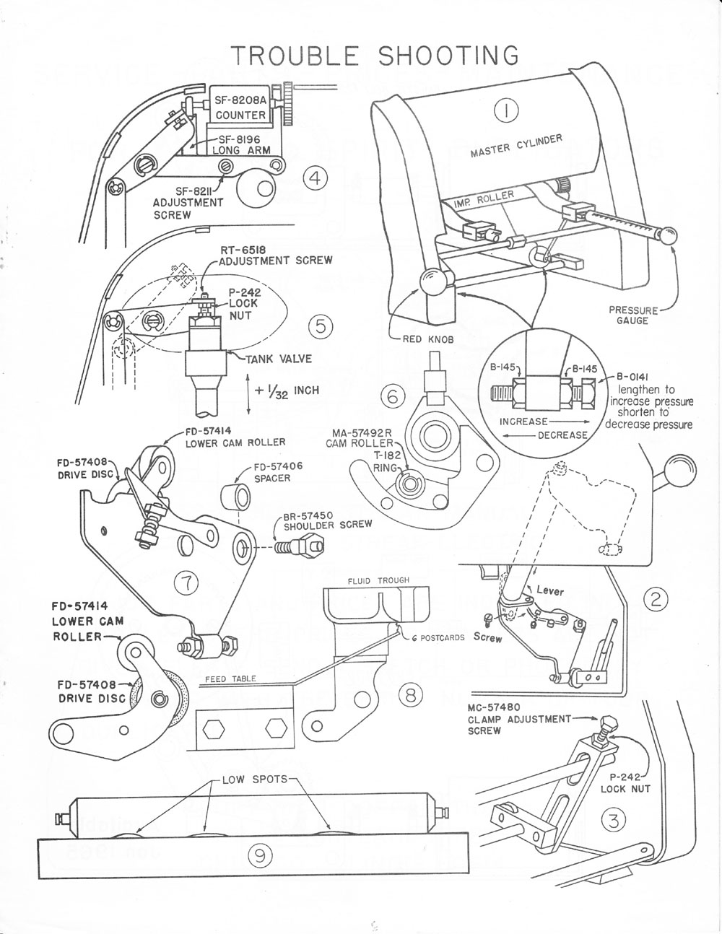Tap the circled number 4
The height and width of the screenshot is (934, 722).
coord(316,178)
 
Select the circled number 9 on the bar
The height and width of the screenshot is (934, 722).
coord(258,856)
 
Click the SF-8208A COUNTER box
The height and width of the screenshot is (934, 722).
coord(240,108)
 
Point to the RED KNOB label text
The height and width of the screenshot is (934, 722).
coord(428,339)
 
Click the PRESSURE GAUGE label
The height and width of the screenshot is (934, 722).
coord(633,315)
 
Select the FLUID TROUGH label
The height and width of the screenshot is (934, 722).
coord(378,580)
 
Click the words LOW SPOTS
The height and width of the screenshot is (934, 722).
coord(254,780)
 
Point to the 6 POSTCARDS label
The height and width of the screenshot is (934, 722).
coord(438,637)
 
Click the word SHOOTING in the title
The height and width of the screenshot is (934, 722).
coord(448,56)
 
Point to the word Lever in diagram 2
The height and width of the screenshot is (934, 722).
coord(549,591)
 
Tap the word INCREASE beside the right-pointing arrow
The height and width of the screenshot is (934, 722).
coord(523,421)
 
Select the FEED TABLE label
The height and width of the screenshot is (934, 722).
coord(230,679)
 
